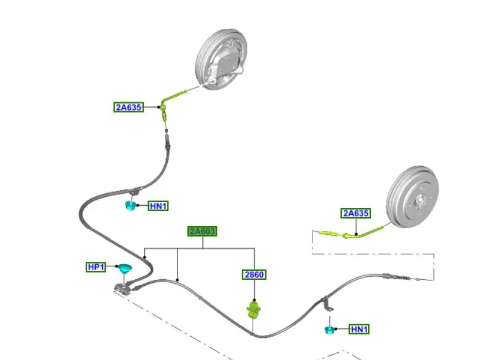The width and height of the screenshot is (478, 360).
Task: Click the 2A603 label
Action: tap(202, 231)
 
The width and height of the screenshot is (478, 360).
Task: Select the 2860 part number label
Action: tap(254, 275)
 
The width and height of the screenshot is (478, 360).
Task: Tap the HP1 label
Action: tap(96, 267)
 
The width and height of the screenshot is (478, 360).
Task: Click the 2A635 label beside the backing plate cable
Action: tap(128, 108)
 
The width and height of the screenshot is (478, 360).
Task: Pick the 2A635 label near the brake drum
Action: tap(356, 213)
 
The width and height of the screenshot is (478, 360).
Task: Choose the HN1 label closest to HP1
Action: tap(158, 206)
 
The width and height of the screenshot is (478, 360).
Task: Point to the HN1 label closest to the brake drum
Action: tap(359, 329)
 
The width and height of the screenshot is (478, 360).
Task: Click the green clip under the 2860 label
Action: tap(255, 310)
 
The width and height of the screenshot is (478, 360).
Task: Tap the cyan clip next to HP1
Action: tap(124, 269)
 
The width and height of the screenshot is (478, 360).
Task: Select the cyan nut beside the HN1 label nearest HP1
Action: tap(130, 207)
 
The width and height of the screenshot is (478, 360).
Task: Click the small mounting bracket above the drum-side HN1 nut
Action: tap(327, 303)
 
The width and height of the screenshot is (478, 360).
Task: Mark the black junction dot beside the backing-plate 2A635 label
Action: tap(161, 108)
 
